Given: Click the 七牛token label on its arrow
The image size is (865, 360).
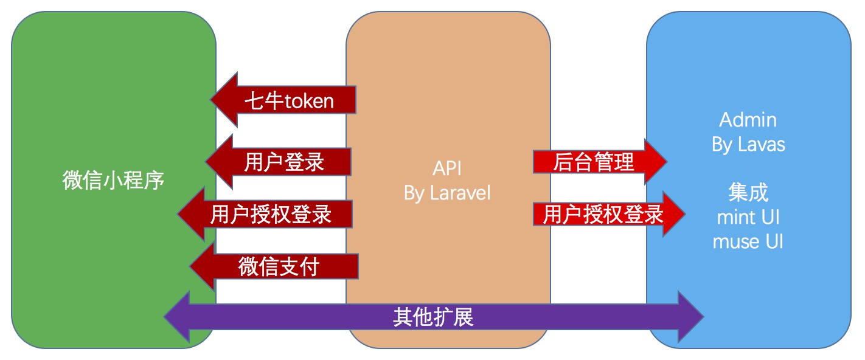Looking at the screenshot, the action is pos(289,100).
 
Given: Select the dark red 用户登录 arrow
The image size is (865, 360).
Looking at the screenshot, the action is pos(284,162).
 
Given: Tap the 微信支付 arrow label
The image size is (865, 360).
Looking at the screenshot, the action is pos(279,267).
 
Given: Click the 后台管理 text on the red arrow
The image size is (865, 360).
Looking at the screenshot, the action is pos(594,162).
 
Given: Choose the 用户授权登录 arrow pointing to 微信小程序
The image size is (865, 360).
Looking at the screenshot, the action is pos(271,214).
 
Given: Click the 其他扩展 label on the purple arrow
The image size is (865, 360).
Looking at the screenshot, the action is pos(433,317).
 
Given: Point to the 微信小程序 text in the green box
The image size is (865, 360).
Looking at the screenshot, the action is pos(114,180).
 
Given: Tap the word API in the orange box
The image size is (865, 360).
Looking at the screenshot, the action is pos(447,168).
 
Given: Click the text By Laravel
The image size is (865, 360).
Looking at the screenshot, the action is pos(447,193).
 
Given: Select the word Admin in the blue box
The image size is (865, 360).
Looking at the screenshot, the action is pos(748,119).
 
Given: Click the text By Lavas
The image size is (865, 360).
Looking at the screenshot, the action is pos(748,144).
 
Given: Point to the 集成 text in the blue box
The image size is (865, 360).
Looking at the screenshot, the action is pos(748,193).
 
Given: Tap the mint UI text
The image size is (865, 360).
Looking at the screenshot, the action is pos(748,217).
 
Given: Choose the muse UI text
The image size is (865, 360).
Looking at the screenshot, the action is pos(748,241).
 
